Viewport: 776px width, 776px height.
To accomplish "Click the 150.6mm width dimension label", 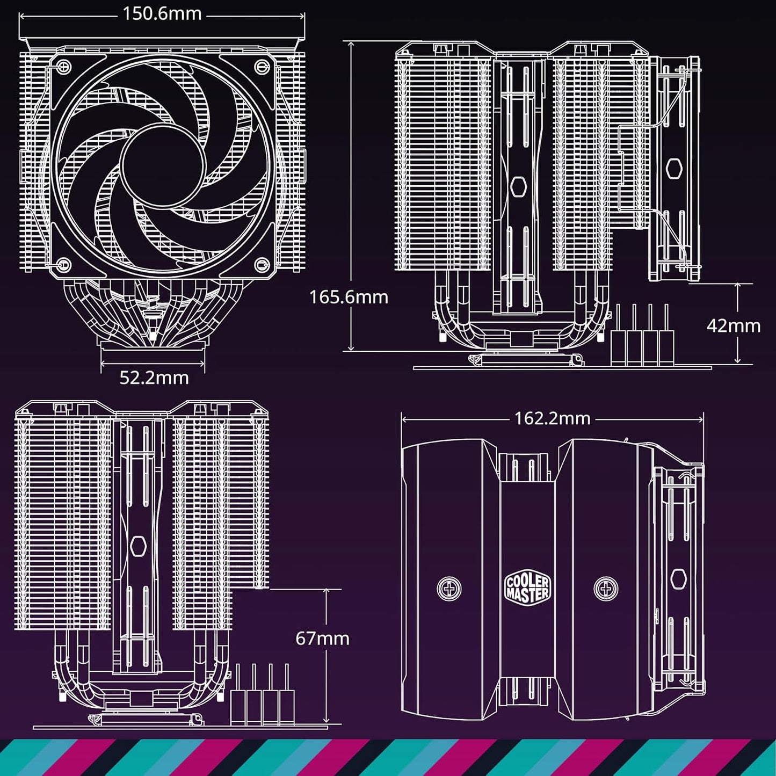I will point(162,13).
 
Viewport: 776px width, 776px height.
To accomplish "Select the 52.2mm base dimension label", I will point(154,378).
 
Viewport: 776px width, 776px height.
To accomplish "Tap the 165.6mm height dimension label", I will point(348,297).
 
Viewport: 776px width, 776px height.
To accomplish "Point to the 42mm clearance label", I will point(733,325).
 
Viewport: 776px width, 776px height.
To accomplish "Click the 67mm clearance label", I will point(322,638).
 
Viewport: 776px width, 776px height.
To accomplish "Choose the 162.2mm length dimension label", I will point(552,418).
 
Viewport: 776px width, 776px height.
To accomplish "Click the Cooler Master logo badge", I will point(527,589).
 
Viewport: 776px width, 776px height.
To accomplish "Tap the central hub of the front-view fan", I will point(163,160).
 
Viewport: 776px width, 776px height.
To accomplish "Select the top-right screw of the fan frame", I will point(263,67).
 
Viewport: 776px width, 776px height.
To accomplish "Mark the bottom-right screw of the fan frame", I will point(262,264).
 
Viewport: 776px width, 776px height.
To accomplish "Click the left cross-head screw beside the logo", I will point(449,589).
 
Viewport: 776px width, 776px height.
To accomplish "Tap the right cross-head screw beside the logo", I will point(606,589).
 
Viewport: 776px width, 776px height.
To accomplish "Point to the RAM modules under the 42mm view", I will point(642,336).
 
